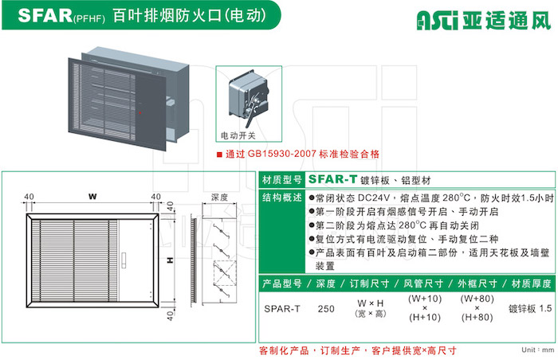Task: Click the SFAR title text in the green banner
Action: [x=45, y=15]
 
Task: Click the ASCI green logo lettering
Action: [x=438, y=20]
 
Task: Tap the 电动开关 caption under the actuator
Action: [x=238, y=135]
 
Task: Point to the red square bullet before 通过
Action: [x=219, y=155]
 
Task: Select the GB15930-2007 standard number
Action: [x=282, y=154]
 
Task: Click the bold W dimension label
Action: [x=92, y=197]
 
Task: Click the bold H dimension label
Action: [x=171, y=260]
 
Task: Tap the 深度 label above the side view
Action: [x=219, y=197]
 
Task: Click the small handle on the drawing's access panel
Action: [x=124, y=260]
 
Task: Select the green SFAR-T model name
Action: [x=332, y=179]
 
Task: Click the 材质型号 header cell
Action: [x=282, y=180]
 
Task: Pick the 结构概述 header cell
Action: [x=282, y=198]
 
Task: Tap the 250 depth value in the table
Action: [x=326, y=309]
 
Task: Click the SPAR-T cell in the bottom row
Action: [x=282, y=309]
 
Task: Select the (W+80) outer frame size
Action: [x=477, y=299]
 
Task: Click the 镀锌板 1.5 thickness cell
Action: [x=530, y=308]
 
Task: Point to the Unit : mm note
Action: [x=538, y=350]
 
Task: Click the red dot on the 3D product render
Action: [x=140, y=113]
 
